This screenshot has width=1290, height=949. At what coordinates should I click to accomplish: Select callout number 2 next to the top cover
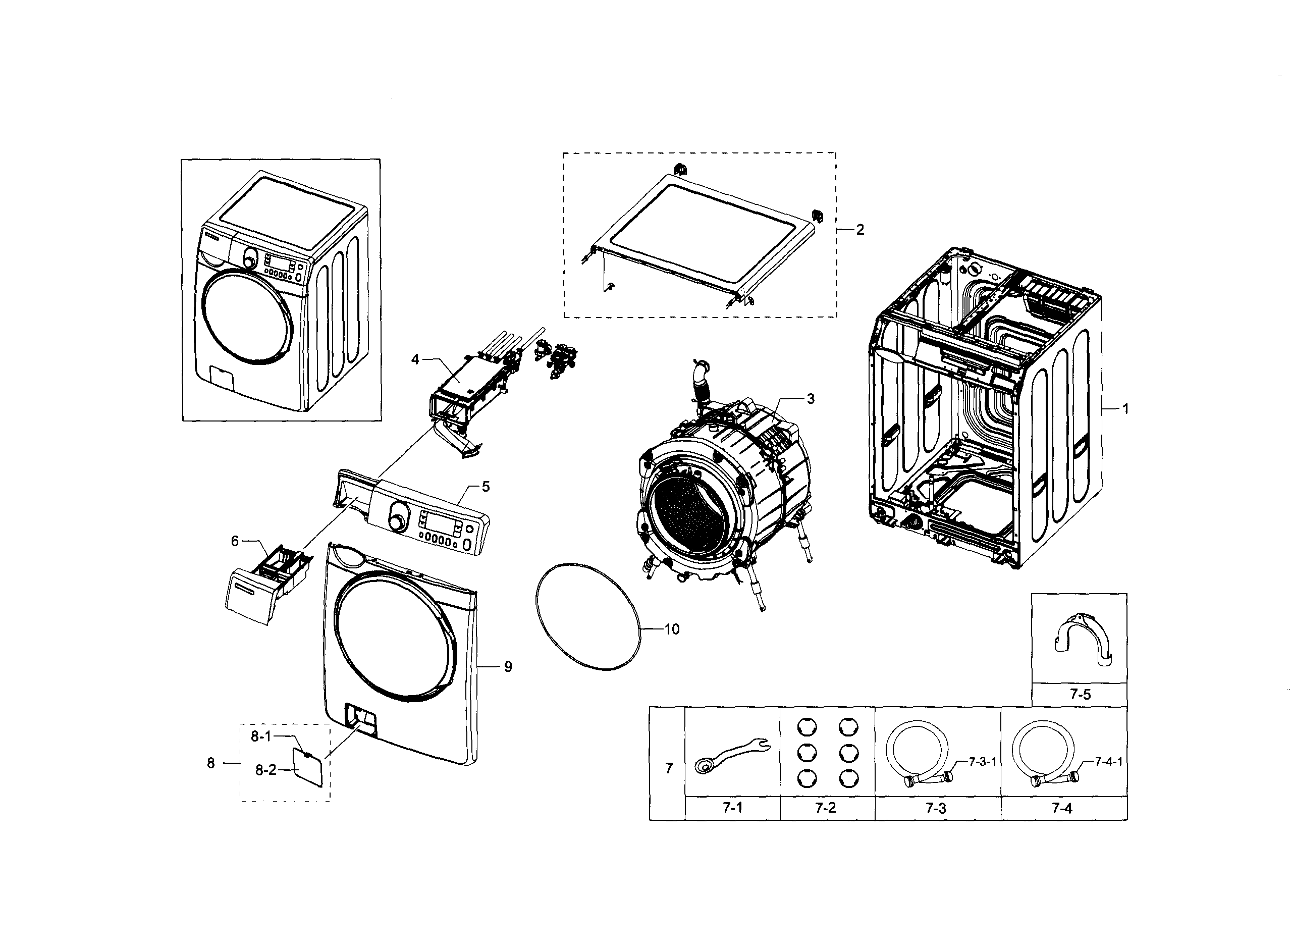click(860, 230)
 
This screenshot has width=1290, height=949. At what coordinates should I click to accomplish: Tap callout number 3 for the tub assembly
click(811, 399)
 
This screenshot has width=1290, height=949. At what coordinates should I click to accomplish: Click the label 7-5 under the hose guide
click(1080, 694)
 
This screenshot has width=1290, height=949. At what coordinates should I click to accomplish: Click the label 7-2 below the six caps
click(825, 808)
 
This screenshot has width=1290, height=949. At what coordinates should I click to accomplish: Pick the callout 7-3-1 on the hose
click(982, 762)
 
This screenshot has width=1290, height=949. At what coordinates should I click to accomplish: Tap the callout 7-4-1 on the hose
click(1108, 762)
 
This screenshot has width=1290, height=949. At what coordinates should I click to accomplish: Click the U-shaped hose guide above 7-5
click(1082, 641)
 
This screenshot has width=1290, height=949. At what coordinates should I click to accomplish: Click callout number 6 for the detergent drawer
click(235, 541)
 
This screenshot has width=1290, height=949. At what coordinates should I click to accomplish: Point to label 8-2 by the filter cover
click(266, 770)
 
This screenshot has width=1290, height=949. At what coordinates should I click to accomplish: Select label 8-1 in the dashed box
click(261, 736)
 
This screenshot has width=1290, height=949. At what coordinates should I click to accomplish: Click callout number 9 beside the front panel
click(508, 666)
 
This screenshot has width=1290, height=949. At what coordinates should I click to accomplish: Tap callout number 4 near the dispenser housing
click(415, 359)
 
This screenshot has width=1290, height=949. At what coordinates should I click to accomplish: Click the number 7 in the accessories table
click(669, 768)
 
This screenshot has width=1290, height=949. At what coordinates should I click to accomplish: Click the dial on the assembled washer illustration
click(249, 260)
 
